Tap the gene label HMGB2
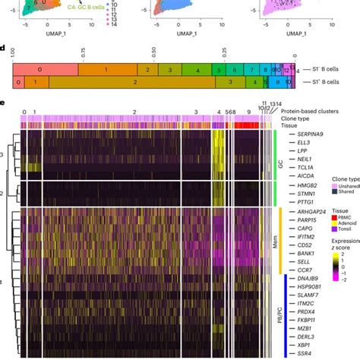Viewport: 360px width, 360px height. tap(302, 186)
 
